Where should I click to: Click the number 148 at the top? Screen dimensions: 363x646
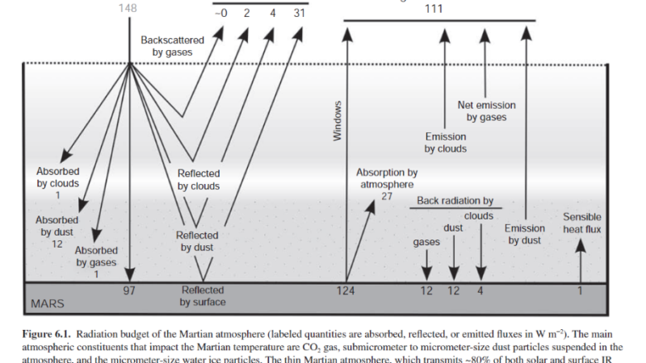[127, 8]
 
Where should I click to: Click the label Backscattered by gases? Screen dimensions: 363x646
[172, 45]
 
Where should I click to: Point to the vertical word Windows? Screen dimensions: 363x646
[339, 122]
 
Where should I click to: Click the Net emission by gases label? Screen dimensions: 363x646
[486, 111]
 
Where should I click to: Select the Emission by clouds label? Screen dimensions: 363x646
[446, 143]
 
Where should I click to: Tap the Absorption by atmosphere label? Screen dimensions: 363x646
[387, 178]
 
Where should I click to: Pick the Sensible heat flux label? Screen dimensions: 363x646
[581, 223]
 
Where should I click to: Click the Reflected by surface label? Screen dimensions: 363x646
[203, 296]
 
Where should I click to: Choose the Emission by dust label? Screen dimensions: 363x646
[525, 234]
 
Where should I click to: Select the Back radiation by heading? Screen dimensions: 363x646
[455, 200]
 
